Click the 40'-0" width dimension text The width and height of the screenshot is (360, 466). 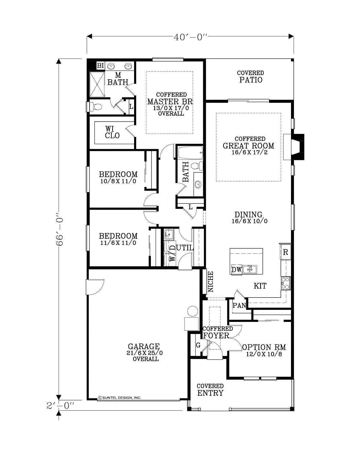(x=190, y=37)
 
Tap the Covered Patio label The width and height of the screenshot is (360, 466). (x=250, y=77)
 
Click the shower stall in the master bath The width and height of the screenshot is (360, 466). (x=97, y=84)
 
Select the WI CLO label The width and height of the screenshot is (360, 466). (x=112, y=132)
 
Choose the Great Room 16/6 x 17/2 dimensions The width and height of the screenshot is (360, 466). (x=250, y=153)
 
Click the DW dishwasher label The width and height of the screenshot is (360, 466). (x=236, y=270)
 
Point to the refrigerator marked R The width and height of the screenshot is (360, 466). (x=285, y=252)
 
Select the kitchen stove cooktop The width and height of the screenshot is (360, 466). (x=286, y=283)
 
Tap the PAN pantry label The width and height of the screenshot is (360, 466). (x=239, y=305)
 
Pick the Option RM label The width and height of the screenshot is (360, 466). (x=264, y=347)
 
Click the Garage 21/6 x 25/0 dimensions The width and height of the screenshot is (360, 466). (x=145, y=353)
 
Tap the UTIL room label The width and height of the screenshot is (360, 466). (x=185, y=248)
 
